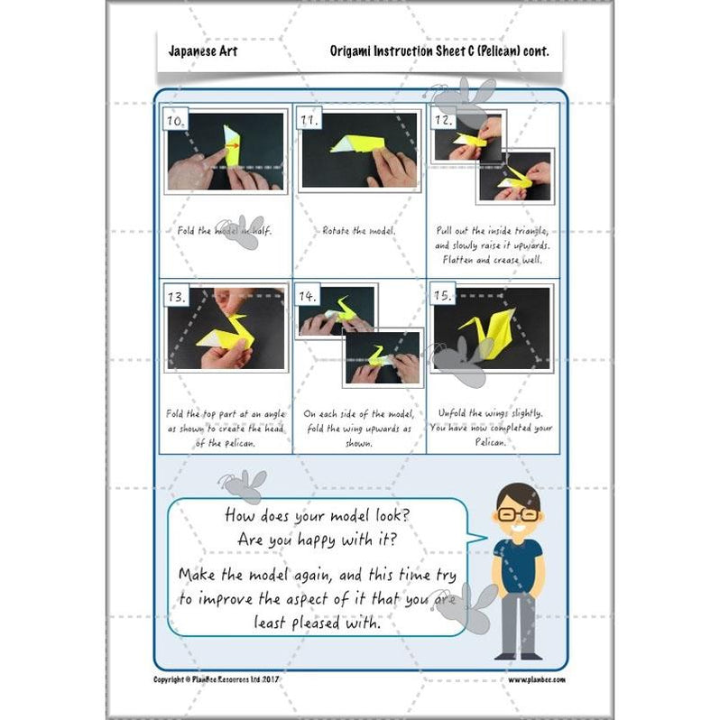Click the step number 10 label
click(177, 121)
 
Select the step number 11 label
click(310, 121)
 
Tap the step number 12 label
click(444, 119)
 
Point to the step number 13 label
click(177, 297)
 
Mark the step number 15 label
click(444, 297)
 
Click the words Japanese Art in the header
click(202, 51)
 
